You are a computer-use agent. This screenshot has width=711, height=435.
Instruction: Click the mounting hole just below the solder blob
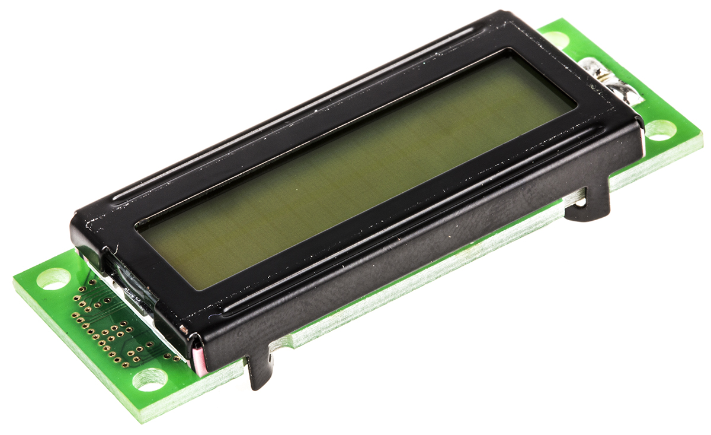659,130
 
